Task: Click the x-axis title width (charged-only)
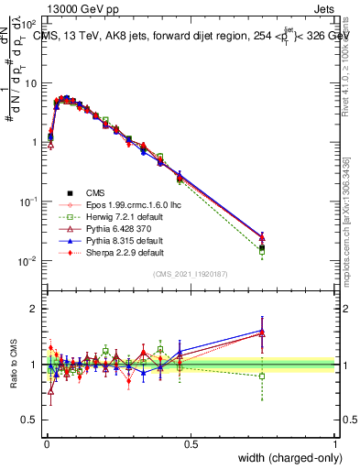284,458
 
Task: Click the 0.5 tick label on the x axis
191,443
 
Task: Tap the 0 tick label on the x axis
46,443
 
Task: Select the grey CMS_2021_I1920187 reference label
191,274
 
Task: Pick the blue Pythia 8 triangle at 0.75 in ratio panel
262,331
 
